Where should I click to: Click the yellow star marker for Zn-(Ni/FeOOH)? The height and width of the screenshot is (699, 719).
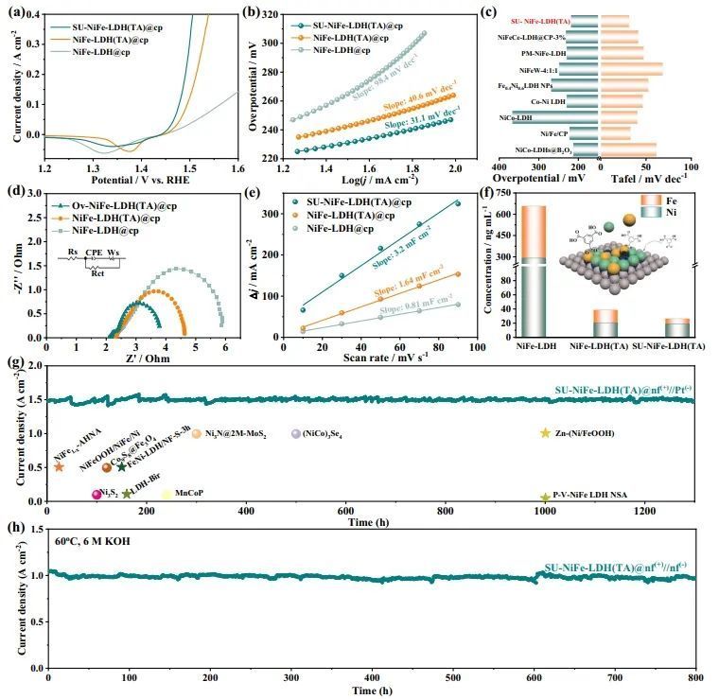[545, 433]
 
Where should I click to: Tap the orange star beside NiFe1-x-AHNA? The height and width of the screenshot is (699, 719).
[59, 467]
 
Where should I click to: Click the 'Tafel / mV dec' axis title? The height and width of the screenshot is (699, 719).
[654, 177]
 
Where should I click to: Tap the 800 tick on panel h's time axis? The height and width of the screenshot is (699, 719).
[696, 678]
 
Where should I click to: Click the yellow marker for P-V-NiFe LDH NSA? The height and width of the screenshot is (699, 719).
[545, 498]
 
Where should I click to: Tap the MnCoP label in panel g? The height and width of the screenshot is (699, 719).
[188, 494]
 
